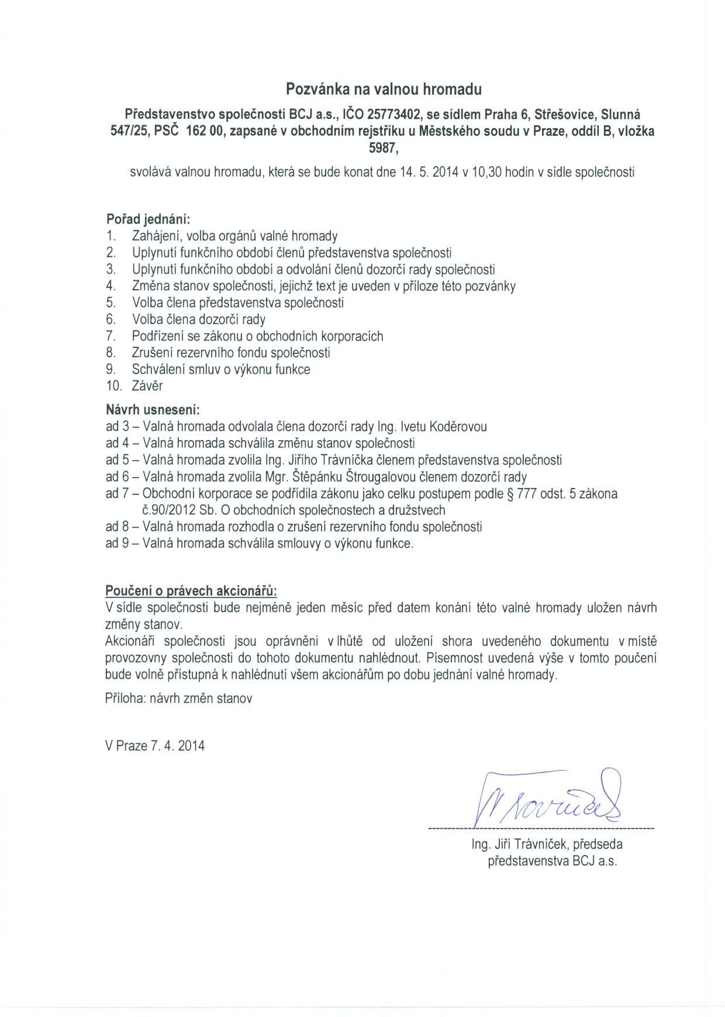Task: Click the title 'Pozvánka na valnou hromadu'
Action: [384, 90]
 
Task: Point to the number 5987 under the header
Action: [382, 149]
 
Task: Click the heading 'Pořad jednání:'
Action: [148, 219]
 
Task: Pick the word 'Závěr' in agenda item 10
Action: [147, 386]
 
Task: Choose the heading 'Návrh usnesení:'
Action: [153, 410]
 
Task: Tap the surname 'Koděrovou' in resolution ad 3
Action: [458, 427]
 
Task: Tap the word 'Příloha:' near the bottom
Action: [125, 699]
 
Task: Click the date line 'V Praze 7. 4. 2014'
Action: [155, 746]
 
